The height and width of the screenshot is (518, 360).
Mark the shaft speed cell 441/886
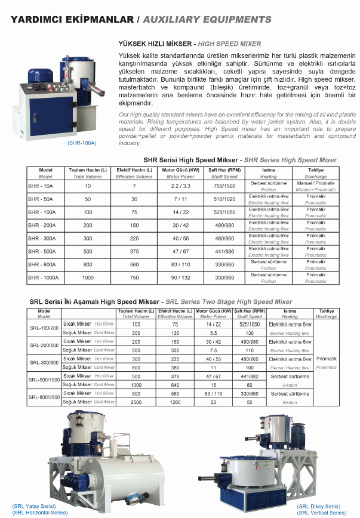pyautogui.click(x=224, y=251)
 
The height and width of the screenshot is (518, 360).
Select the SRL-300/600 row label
pyautogui.click(x=44, y=362)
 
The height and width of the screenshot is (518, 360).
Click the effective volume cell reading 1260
pyautogui.click(x=175, y=402)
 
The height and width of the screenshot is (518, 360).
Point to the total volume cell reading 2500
pyautogui.click(x=136, y=402)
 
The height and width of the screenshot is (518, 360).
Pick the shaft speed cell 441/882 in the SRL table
pyautogui.click(x=250, y=377)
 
